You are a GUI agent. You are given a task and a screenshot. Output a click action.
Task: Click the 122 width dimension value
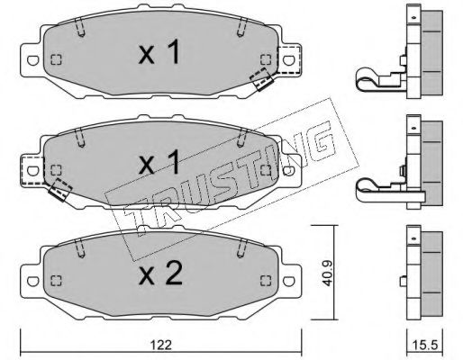(161, 345)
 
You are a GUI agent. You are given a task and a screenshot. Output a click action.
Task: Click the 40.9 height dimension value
(327, 273)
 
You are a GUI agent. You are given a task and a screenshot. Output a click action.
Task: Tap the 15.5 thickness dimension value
(425, 345)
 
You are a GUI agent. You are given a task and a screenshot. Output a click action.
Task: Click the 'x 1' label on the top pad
(159, 52)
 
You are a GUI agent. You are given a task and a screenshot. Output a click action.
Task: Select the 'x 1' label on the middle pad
(159, 162)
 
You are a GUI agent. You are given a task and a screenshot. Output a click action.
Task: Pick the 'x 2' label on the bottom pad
(160, 273)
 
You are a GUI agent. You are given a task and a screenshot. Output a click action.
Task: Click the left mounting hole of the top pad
(33, 60)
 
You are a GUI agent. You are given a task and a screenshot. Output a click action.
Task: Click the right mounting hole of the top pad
(288, 60)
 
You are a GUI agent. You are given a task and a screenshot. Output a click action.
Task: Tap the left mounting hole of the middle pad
(33, 171)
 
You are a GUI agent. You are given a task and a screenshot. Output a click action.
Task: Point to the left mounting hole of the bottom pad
(33, 281)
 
